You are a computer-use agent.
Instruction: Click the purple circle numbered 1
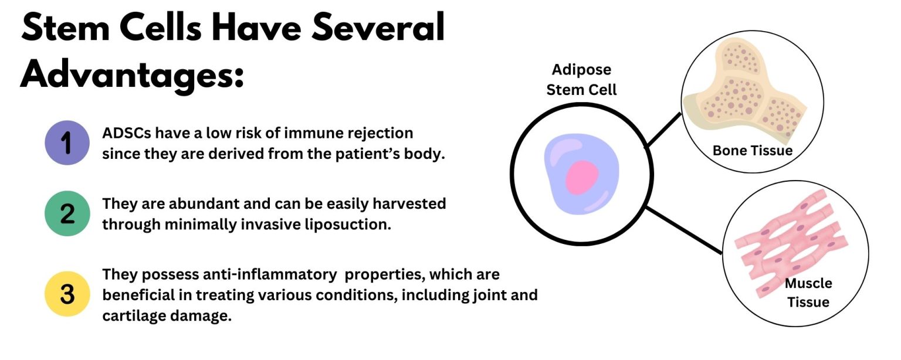[67, 142]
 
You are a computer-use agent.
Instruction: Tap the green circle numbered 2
[67, 214]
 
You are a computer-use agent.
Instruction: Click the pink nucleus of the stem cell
[582, 178]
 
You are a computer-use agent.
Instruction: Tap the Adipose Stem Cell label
[581, 80]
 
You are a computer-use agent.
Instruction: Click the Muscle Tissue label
[808, 293]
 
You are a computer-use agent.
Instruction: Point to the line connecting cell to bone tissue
[663, 128]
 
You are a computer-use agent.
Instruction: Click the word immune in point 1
[311, 134]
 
